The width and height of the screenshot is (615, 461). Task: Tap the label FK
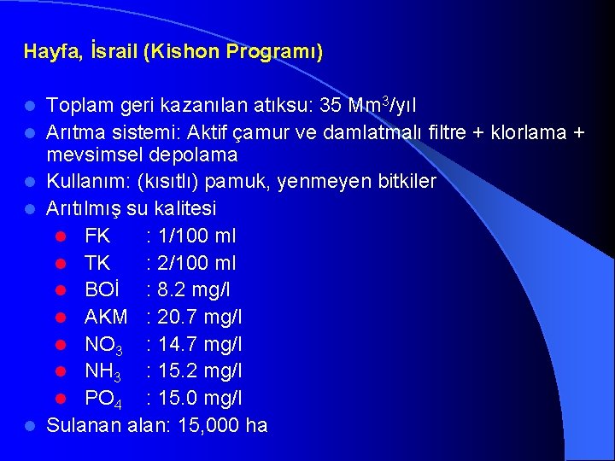[x=97, y=236]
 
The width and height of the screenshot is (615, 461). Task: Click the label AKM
[x=106, y=318]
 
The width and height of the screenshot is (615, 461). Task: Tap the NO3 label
[x=103, y=345]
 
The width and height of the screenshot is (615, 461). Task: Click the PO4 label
[x=103, y=399]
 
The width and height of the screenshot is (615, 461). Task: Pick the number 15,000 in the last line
[x=214, y=425]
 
